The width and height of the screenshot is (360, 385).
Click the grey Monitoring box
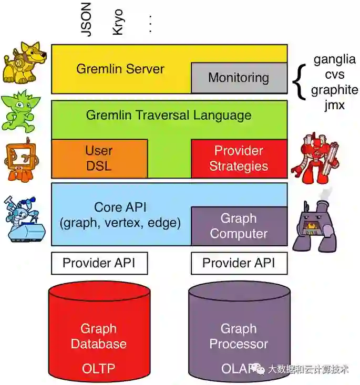click(x=239, y=78)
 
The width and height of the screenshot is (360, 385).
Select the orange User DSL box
click(x=99, y=159)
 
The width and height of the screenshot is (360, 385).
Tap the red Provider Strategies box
click(x=239, y=159)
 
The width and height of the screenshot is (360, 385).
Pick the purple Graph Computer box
click(x=239, y=226)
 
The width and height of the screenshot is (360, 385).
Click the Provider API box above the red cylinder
click(x=99, y=263)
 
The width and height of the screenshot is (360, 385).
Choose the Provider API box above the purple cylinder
click(x=239, y=263)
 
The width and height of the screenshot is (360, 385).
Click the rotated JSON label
click(x=86, y=19)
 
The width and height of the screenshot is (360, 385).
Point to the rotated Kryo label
click(x=118, y=22)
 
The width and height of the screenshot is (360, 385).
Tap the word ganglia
click(x=335, y=59)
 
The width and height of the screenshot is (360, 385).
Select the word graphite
click(x=335, y=90)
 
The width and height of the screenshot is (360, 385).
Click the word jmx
click(x=335, y=105)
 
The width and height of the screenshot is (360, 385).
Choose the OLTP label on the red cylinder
click(x=98, y=368)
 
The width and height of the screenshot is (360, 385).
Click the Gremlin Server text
click(x=120, y=69)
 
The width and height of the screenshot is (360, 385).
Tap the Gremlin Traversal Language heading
click(x=169, y=115)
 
